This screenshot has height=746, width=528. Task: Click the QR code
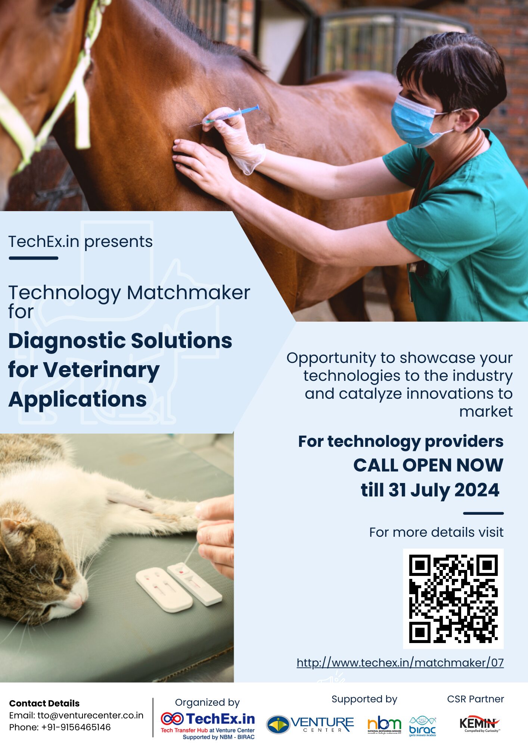coord(453,599)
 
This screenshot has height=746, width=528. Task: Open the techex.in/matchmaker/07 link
coord(400,663)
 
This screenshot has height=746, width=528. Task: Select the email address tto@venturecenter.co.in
coord(90,715)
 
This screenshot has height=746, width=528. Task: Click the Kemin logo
coord(479,724)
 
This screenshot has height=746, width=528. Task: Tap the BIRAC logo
coord(422,726)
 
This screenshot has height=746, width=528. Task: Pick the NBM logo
coord(384,725)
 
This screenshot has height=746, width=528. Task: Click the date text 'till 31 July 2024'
coord(430,490)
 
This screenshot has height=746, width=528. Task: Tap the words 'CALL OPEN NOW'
coord(428,465)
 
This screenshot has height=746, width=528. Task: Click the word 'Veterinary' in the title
coord(102,370)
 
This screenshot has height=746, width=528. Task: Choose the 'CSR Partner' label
coord(475,699)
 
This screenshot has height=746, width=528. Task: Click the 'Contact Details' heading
coord(44,703)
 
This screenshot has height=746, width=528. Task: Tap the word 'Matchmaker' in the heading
coord(188,293)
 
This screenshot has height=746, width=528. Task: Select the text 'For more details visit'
coord(436,532)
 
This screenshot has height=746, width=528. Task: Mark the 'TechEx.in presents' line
coord(81,242)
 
